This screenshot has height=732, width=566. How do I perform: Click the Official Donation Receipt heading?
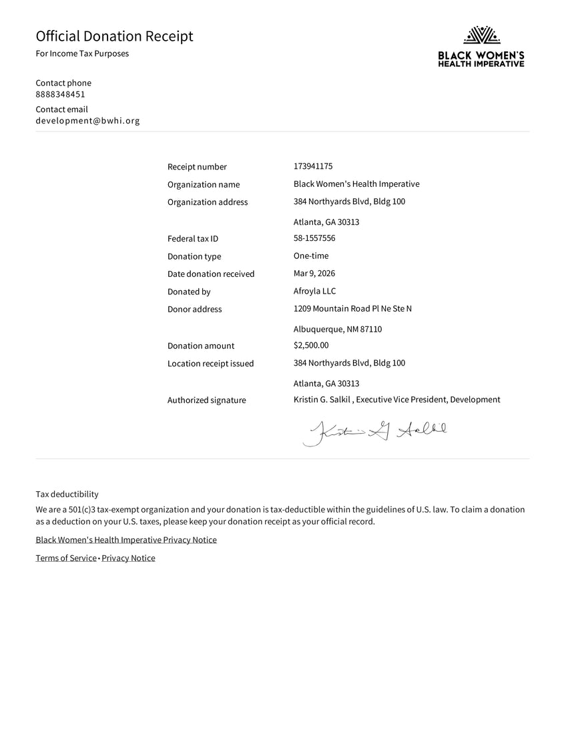point(114,36)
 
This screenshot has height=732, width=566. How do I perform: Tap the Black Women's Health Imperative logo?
point(481,46)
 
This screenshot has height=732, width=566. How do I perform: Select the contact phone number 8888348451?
point(60,94)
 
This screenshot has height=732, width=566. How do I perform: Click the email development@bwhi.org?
point(87,121)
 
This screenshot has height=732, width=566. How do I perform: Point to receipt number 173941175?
point(313,166)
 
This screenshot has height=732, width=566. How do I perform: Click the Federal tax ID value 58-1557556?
point(314,238)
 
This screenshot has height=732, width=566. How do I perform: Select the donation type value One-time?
point(311,256)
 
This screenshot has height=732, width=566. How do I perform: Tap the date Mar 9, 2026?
point(314,274)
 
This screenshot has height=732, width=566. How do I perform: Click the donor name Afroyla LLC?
point(315,291)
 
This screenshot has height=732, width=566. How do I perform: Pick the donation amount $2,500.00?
point(311,345)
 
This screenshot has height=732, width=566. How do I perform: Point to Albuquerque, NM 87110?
point(338,329)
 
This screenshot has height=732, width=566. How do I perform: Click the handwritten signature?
point(374,432)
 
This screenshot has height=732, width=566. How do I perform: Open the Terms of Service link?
point(66,558)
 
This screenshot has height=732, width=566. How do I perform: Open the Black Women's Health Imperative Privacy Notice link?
point(126,540)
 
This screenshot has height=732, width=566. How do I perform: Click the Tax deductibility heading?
point(67,494)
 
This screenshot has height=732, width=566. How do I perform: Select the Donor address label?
point(194,310)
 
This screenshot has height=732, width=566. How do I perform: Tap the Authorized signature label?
point(206,400)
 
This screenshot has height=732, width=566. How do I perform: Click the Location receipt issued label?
point(210,364)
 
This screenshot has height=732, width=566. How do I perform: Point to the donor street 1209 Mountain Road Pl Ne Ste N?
point(352,308)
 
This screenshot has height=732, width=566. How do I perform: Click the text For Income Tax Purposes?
point(82,53)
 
